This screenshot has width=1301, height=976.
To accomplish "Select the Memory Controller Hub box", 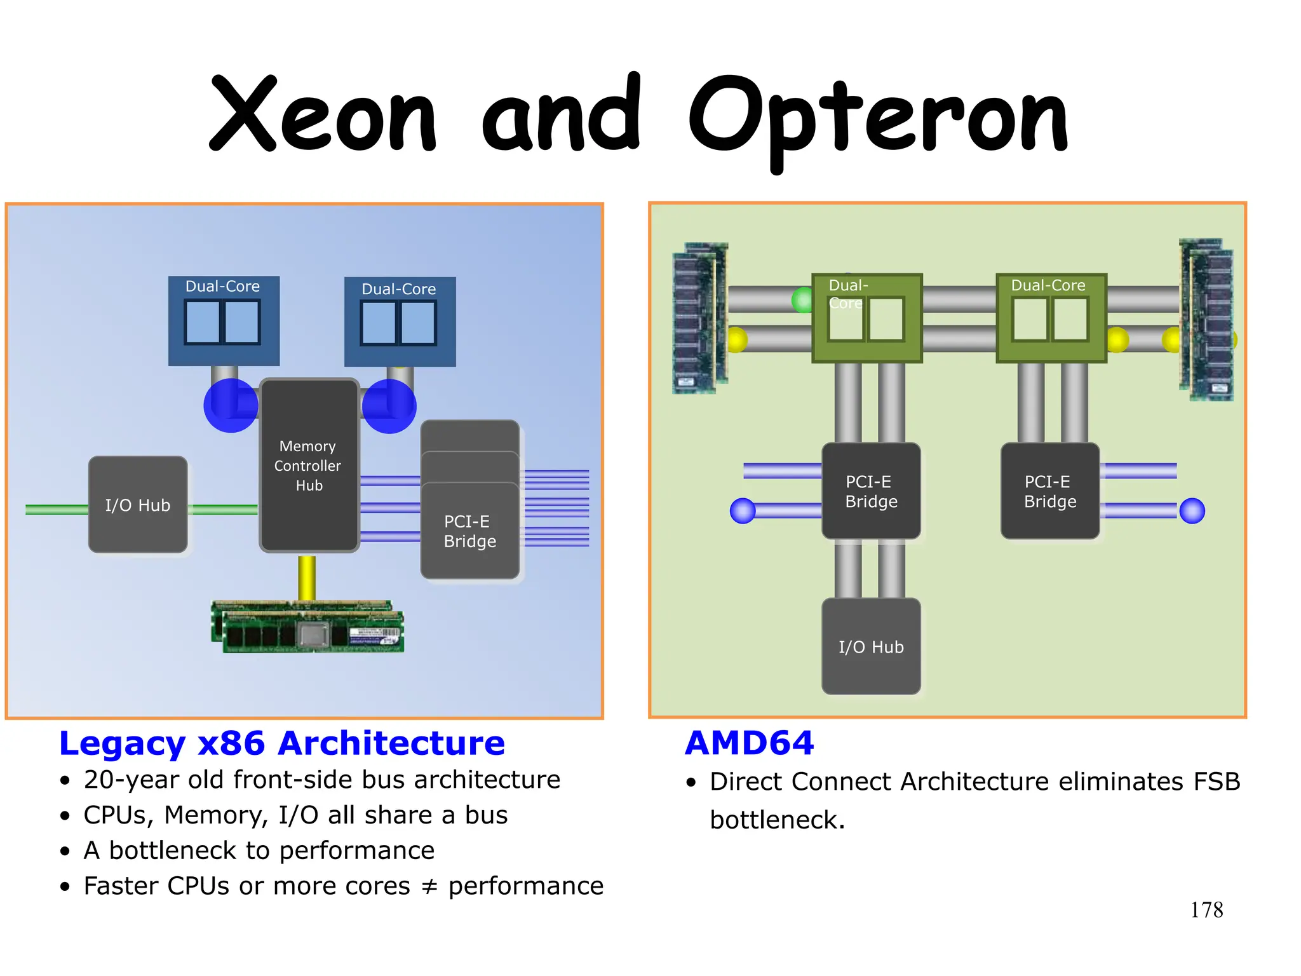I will (309, 466).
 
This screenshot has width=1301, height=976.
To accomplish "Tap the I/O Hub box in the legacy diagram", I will (138, 505).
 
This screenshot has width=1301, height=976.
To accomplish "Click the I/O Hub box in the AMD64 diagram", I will (871, 647).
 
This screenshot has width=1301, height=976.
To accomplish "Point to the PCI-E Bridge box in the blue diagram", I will (470, 531).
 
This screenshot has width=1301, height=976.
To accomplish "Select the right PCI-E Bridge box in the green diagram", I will (1050, 491).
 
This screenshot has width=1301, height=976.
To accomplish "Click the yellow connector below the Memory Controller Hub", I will (307, 577).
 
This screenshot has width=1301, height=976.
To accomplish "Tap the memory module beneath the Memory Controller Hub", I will (308, 627).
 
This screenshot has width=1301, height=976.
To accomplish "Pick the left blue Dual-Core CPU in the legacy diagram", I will (224, 321).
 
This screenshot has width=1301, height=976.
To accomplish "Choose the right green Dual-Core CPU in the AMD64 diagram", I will (1051, 318).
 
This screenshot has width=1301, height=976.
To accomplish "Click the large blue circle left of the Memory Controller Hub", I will (230, 405).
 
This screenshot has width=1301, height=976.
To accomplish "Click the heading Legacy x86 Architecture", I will (282, 743).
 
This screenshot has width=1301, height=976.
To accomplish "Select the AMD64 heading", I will (750, 743).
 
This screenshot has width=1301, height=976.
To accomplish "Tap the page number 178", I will (1206, 910).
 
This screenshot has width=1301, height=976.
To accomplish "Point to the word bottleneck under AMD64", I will (776, 820).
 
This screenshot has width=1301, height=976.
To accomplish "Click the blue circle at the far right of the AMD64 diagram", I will (1192, 511).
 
